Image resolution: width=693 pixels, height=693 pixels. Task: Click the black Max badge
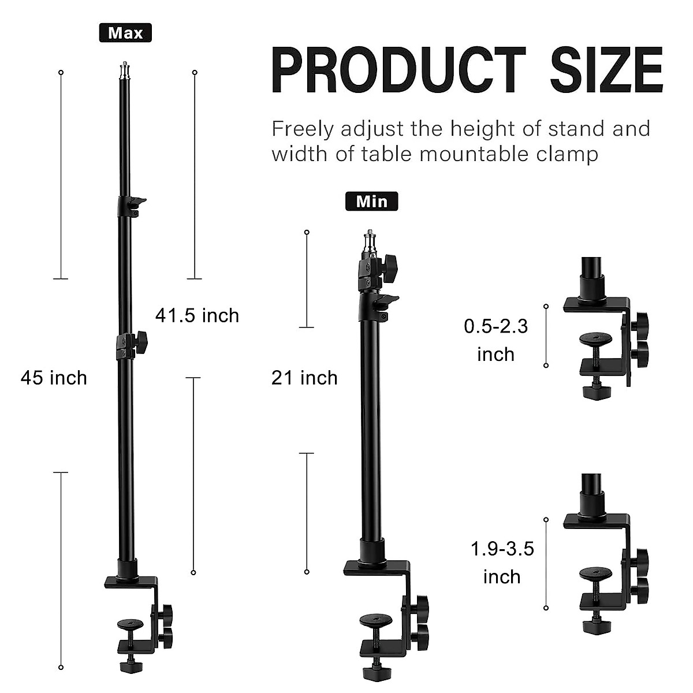pos(125,33)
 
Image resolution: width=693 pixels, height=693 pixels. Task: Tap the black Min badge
pos(372,201)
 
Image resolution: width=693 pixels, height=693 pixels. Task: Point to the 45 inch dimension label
pos(54,378)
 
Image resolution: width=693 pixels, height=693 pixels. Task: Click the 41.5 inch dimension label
pos(197,316)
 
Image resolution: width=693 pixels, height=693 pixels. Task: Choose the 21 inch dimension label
pos(304,378)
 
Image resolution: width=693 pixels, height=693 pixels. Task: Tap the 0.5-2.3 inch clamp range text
pos(496,340)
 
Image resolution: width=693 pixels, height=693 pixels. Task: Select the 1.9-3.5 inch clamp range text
pos(502,562)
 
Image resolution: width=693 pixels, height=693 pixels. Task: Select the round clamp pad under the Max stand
pos(131,624)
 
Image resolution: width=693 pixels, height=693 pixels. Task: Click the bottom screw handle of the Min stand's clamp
pos(375,673)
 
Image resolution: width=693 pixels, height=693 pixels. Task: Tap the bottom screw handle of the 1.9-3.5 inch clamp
pos(595,625)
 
